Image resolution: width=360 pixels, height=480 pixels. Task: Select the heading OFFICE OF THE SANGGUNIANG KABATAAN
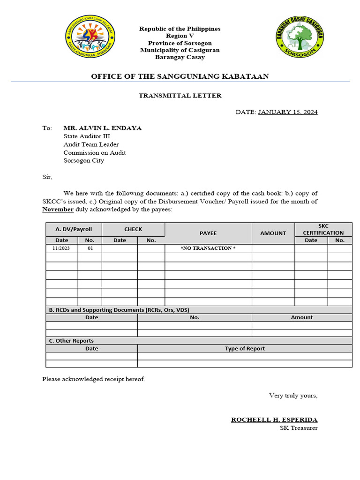tap(180, 76)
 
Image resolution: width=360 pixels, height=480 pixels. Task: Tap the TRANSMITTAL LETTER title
tap(180, 96)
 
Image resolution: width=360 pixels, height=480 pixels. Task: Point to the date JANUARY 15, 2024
tap(288, 112)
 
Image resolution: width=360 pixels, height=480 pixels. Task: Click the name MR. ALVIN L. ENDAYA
tap(103, 128)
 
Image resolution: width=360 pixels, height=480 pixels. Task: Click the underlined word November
tap(58, 210)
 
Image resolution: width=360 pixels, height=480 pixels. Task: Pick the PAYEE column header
tap(208, 233)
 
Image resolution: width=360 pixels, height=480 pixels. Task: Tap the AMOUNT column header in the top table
tap(273, 233)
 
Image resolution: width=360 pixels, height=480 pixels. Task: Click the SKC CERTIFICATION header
tap(323, 229)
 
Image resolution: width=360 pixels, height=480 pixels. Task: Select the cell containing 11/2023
tap(61, 248)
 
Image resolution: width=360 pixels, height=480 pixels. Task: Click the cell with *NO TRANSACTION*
tap(208, 248)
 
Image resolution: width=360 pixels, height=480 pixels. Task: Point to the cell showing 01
tap(90, 248)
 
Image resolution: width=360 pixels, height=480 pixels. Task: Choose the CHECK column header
tap(133, 229)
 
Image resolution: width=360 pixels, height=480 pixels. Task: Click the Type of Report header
tap(245, 349)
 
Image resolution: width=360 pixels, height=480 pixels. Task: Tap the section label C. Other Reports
tap(71, 341)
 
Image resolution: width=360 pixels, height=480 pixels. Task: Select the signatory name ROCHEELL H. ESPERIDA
tap(274, 420)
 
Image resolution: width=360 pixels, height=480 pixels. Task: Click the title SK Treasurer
tap(296, 428)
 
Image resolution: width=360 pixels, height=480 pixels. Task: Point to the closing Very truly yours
tap(293, 396)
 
